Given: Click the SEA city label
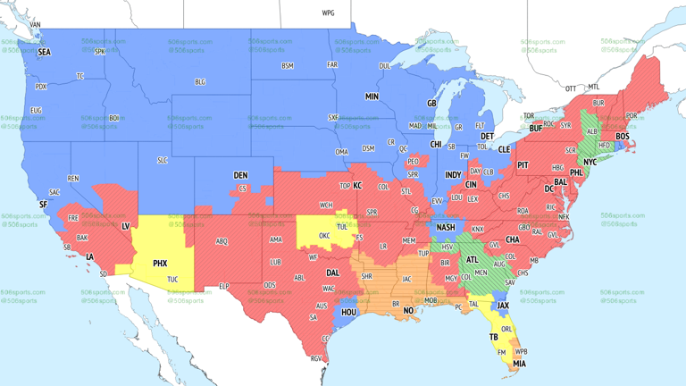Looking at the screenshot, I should [44, 53].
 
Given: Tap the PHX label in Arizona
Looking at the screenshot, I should [160, 264].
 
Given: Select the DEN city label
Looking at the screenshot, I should [240, 175].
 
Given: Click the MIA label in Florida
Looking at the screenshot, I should [519, 365].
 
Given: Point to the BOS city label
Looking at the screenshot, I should [623, 137].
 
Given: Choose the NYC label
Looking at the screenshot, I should [590, 163].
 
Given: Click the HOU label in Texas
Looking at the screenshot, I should [348, 313].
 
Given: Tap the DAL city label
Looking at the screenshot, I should [333, 273].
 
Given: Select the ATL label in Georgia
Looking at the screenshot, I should [472, 260].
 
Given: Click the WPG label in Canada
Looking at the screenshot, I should [328, 13].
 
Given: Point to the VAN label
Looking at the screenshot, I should [36, 25].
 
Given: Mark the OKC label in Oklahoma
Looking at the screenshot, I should [322, 237].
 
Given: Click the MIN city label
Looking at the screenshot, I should [372, 96].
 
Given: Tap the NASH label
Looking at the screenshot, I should [445, 228].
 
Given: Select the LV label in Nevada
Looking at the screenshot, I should [125, 226].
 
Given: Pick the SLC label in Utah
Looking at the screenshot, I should [162, 160].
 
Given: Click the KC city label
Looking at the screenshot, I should [357, 186].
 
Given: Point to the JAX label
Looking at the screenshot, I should [503, 306].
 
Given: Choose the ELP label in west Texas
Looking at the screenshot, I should [224, 286].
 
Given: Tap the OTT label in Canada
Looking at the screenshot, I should [571, 88].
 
